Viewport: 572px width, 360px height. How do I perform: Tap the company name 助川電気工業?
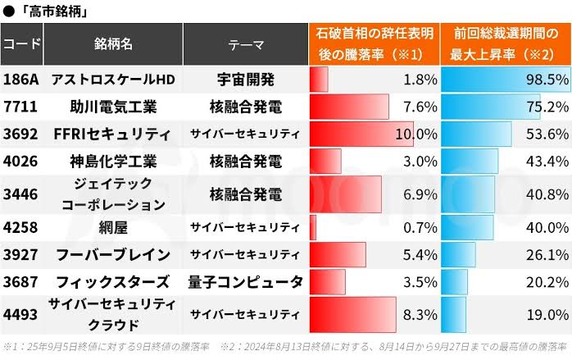pyautogui.click(x=114, y=107)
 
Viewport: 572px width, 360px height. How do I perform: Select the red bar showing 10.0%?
pyautogui.click(x=361, y=134)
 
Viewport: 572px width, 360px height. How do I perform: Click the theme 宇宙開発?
pyautogui.click(x=245, y=80)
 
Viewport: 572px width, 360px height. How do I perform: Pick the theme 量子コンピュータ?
pyautogui.click(x=245, y=281)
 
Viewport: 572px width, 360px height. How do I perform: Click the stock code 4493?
pyautogui.click(x=20, y=312)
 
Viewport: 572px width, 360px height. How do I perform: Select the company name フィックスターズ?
pyautogui.click(x=114, y=281)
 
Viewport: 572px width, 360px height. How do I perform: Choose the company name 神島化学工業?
pyautogui.click(x=114, y=160)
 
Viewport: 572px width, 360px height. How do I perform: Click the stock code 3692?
pyautogui.click(x=20, y=134)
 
